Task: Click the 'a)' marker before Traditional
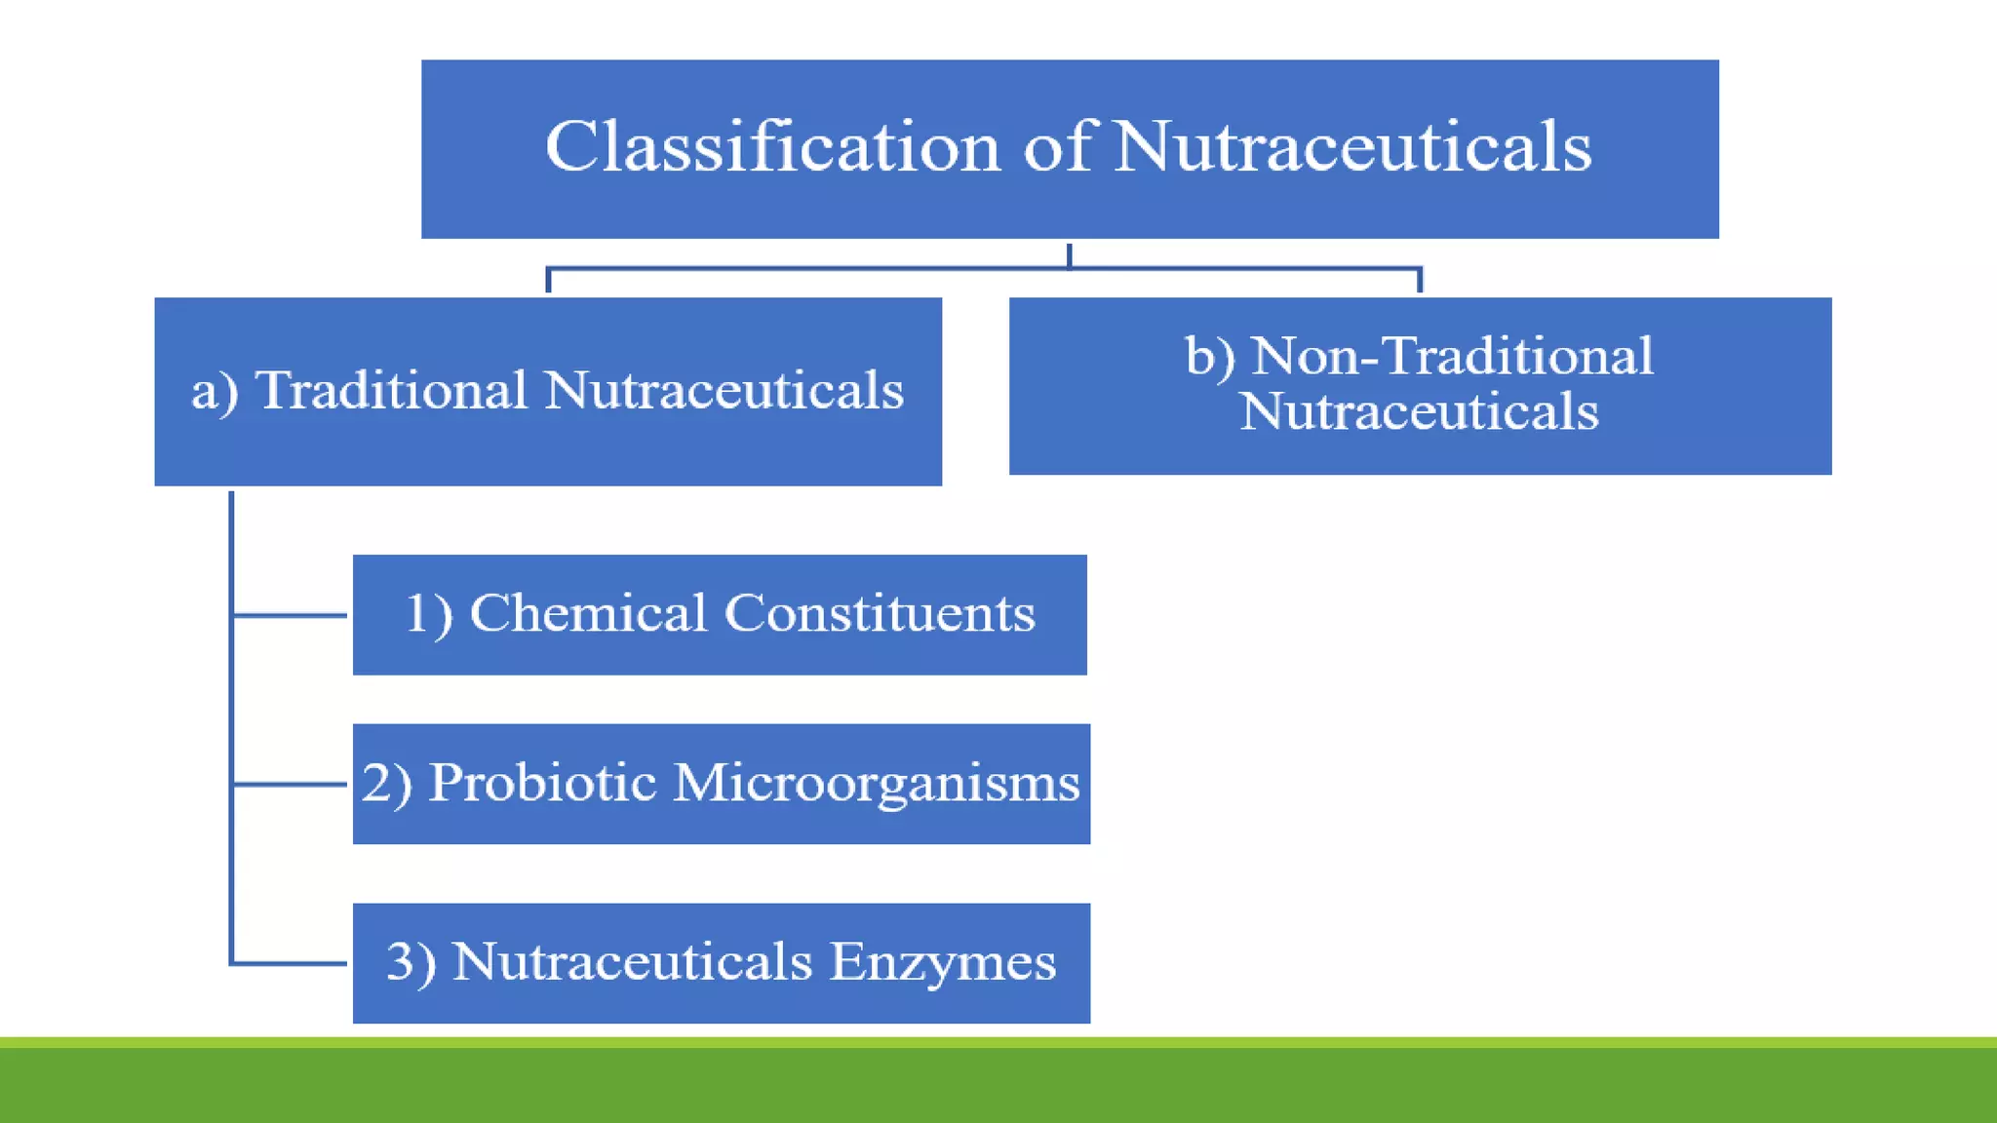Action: [x=215, y=392]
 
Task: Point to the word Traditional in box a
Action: [x=391, y=391]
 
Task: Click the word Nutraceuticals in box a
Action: [x=724, y=391]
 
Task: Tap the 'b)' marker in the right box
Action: [x=1210, y=357]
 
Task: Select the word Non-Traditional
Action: [x=1452, y=356]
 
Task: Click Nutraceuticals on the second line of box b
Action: [x=1419, y=411]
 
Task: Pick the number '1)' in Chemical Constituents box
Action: [x=429, y=615]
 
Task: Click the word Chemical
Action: [x=588, y=614]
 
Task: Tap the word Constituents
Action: [x=880, y=614]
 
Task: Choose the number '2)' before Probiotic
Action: [x=387, y=784]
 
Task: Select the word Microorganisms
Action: [x=876, y=785]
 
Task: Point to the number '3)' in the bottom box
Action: [x=411, y=963]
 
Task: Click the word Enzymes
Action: [x=943, y=963]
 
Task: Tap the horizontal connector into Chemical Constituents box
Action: [x=291, y=615]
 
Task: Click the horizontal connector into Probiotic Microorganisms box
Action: [x=291, y=784]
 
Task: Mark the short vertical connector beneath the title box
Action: [x=1070, y=255]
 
